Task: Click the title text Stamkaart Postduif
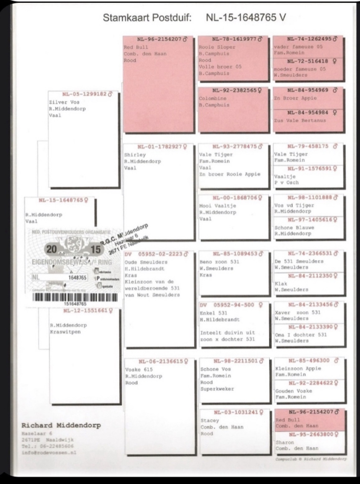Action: click(147, 18)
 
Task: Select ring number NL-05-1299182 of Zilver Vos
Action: click(84, 94)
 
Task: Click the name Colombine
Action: click(213, 98)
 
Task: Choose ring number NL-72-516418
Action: click(308, 61)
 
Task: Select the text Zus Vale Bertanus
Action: click(300, 120)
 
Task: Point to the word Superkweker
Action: click(217, 389)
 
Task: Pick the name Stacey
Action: click(210, 420)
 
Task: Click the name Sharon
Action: click(284, 442)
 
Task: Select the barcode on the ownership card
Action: click(75, 297)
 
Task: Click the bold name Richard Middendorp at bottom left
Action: click(61, 425)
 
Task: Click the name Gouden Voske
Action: click(293, 391)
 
